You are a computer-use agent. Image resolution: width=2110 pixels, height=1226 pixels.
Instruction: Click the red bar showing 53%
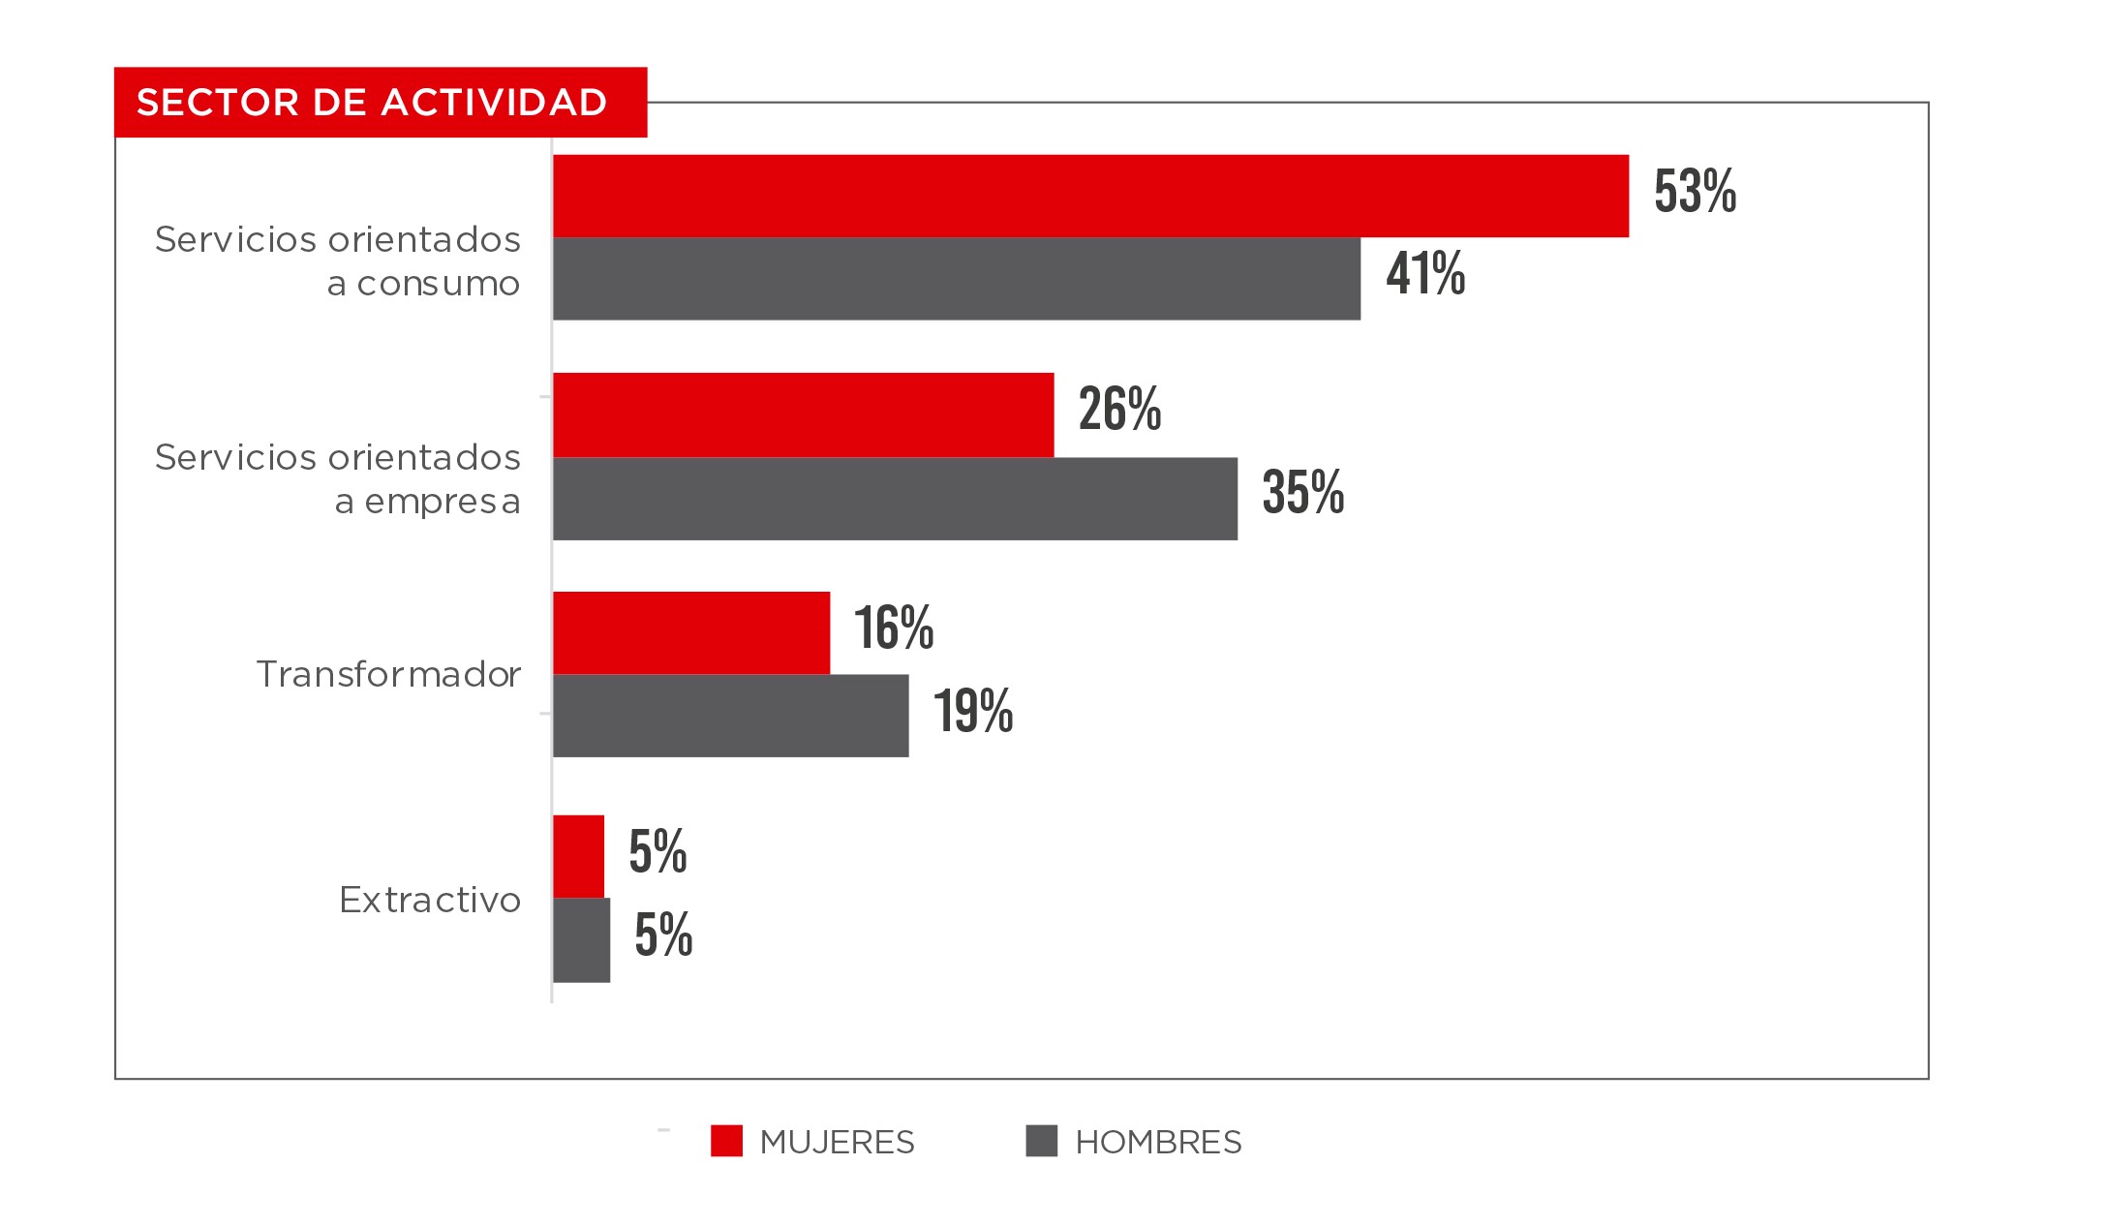(x=1090, y=196)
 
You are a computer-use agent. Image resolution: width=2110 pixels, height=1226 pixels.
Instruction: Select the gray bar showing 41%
(x=957, y=279)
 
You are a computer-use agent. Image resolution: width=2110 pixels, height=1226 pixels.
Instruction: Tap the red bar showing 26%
(x=804, y=414)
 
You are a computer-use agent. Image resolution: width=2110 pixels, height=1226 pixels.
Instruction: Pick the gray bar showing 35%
(x=895, y=499)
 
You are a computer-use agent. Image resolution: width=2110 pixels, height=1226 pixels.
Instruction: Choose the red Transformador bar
(x=691, y=632)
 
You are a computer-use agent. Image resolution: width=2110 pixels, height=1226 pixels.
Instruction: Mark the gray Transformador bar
(x=731, y=716)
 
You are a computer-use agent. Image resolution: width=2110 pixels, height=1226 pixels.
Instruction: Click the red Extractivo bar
(x=579, y=856)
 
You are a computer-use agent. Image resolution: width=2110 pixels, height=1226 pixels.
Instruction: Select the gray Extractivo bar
(x=582, y=940)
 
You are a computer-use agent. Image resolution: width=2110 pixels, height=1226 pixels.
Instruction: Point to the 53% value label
(x=1695, y=191)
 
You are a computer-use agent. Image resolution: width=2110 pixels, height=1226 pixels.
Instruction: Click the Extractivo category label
(x=430, y=901)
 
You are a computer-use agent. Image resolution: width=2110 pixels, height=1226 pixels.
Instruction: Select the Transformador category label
(x=388, y=674)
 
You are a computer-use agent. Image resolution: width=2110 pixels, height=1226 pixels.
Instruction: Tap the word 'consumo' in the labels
(x=438, y=284)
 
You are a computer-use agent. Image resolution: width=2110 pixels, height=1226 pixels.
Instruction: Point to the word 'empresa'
(x=443, y=502)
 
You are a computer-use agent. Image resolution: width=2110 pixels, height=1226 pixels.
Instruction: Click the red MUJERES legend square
(x=726, y=1141)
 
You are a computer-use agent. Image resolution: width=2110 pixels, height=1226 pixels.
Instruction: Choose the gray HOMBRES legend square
(x=1042, y=1141)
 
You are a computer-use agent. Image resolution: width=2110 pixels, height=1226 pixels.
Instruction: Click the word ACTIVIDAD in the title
(x=494, y=103)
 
